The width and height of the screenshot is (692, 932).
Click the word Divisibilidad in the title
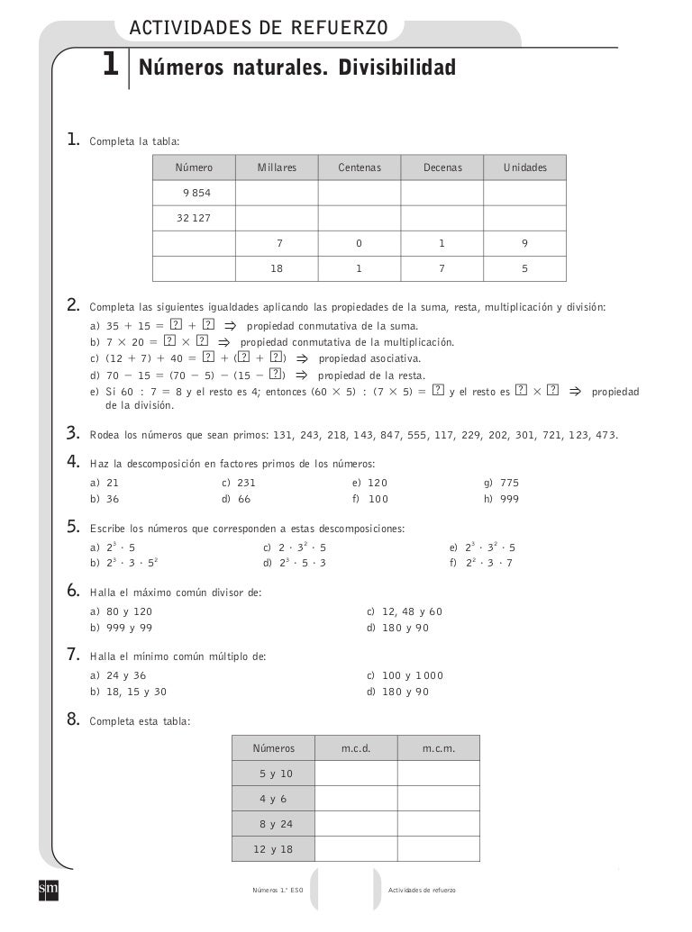tap(396, 68)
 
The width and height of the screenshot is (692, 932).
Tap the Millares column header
tap(276, 167)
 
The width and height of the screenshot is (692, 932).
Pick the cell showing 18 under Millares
tap(276, 268)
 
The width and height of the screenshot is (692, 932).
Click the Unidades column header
tap(525, 167)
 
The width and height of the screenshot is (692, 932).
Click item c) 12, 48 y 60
tap(405, 611)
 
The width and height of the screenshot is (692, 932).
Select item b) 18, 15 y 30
tap(127, 692)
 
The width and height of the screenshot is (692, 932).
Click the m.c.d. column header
tap(356, 748)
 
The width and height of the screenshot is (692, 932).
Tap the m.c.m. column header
tap(439, 748)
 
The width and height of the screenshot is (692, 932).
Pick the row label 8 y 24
tap(275, 824)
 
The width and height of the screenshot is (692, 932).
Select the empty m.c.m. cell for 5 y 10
tap(439, 774)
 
